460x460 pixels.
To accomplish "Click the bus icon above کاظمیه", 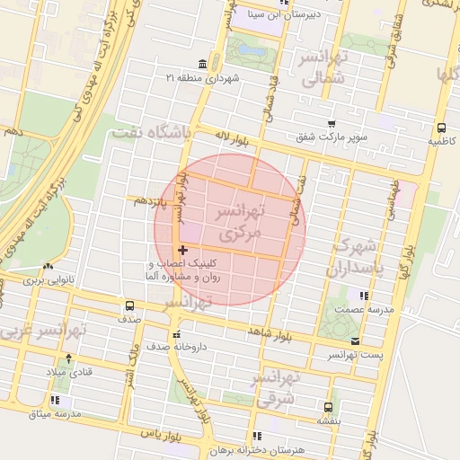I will point(441,128).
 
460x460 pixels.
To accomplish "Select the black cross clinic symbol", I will point(183,250).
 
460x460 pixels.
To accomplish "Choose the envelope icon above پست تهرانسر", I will point(356,341).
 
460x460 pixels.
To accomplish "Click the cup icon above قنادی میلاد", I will point(50,356).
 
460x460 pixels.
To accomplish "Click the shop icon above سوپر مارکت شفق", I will point(332,124).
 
